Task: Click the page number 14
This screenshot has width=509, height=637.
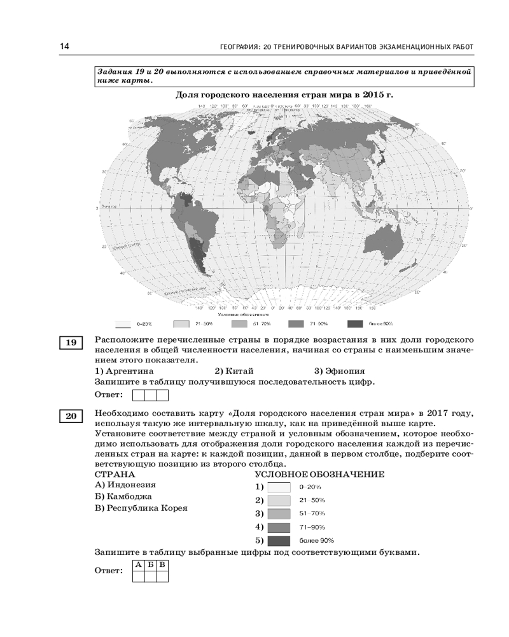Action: tap(64, 47)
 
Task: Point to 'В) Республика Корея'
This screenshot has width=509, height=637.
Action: tap(141, 508)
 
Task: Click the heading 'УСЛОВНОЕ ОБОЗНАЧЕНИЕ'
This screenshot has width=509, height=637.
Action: tap(319, 475)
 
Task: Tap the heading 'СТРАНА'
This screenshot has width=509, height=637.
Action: tap(115, 475)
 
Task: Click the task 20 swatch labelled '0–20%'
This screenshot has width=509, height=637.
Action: tap(279, 487)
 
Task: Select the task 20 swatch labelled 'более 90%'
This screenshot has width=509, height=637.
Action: tap(279, 540)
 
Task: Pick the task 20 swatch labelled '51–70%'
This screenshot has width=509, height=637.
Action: tap(279, 513)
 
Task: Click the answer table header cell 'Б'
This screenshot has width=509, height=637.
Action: tap(150, 564)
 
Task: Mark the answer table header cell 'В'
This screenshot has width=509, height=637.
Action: tap(162, 564)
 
